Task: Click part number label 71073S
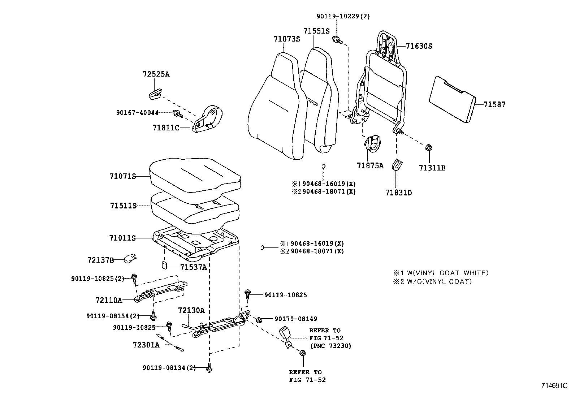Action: pos(287,39)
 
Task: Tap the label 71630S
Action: pos(419,46)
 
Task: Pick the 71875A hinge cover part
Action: pos(372,144)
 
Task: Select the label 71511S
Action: pos(124,206)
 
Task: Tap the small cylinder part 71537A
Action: pos(164,266)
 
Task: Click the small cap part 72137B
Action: pos(129,258)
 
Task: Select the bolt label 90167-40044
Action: pos(137,113)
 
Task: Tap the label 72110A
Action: pos(108,300)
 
